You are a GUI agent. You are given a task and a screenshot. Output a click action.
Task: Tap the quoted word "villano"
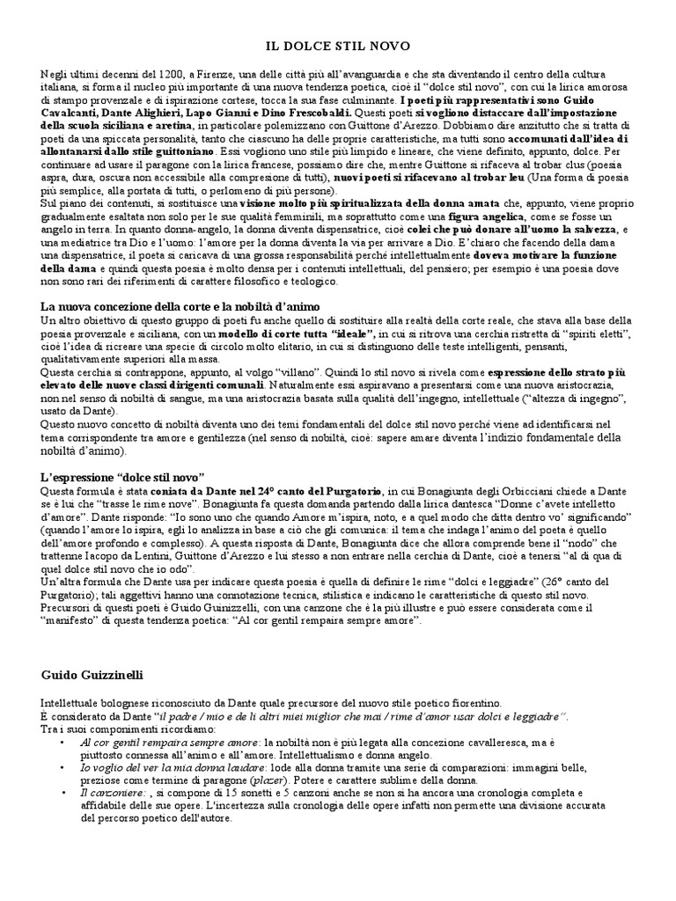[252, 372]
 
